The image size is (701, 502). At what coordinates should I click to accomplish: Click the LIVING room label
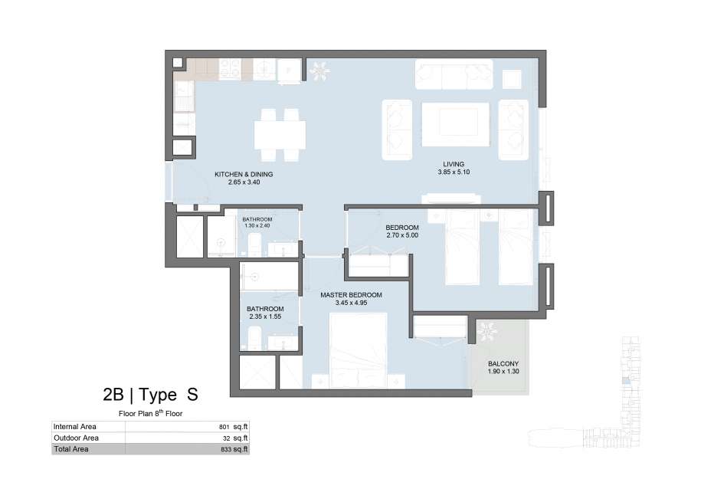[454, 164]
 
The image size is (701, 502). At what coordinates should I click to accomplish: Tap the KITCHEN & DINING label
[244, 175]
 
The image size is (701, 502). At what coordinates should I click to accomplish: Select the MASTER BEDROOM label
[351, 295]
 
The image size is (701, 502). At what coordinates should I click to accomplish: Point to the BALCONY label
[503, 364]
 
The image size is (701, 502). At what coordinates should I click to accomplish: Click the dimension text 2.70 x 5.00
[402, 235]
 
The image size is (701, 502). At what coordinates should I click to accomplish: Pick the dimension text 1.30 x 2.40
[257, 226]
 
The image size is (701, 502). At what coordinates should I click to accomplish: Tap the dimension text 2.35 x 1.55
[265, 317]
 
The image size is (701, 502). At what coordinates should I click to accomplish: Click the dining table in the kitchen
[280, 135]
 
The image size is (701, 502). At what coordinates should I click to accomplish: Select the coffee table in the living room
[456, 124]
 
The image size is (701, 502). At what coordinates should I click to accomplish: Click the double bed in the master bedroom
[358, 350]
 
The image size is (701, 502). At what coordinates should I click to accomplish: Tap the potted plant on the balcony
[486, 332]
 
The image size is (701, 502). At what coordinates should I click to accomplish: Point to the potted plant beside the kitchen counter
[319, 71]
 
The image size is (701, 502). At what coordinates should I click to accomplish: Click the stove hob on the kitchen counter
[230, 69]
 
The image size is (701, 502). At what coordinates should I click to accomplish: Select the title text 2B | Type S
[150, 395]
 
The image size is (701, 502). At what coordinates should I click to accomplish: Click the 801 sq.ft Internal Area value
[234, 427]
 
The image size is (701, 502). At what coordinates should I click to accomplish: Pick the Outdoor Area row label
[76, 438]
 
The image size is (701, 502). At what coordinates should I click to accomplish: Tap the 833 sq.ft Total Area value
[234, 449]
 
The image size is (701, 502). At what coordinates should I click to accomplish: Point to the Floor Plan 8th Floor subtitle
[150, 413]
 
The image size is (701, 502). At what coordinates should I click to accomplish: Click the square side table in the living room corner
[512, 79]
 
